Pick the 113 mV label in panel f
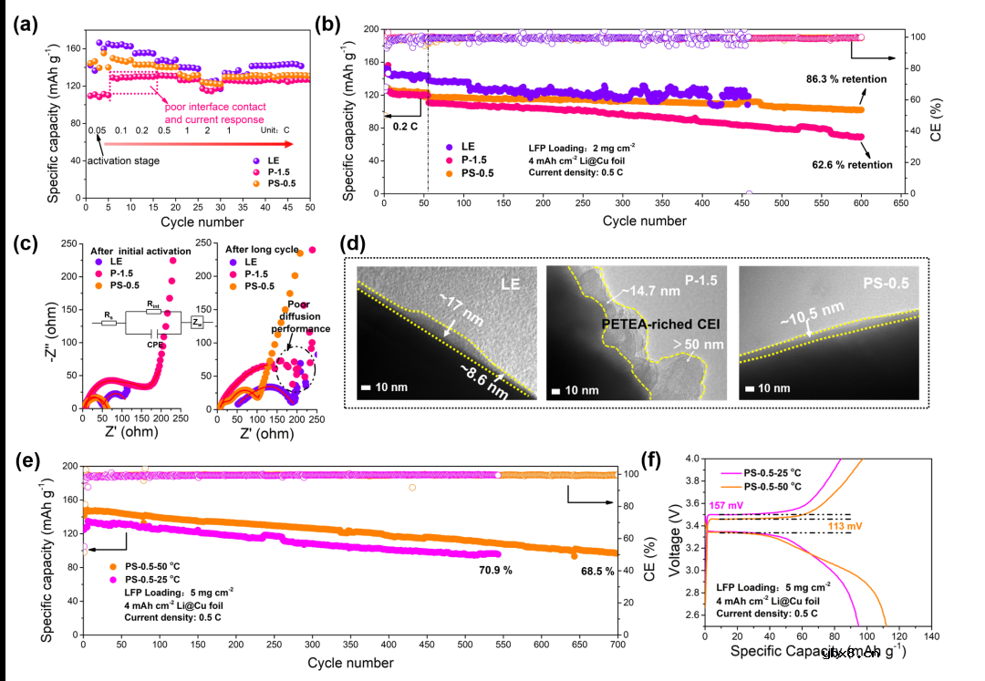[844, 525]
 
